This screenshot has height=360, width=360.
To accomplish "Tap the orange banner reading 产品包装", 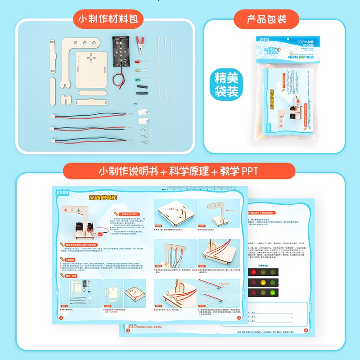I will tap(266, 19).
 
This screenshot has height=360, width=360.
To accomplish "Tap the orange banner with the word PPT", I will tap(180, 171).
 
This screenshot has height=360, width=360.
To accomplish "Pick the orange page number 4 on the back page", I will tap(306, 331).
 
